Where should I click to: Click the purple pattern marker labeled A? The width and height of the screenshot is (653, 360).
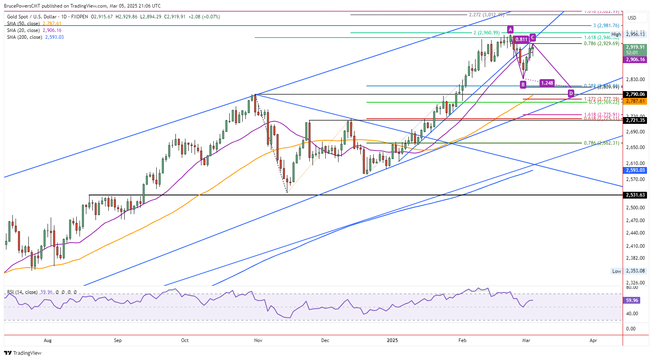point(510,29)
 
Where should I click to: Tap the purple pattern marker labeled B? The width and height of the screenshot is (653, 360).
point(523,84)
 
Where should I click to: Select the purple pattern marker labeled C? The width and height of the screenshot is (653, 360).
point(533,37)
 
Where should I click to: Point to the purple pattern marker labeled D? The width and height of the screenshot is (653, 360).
point(571,93)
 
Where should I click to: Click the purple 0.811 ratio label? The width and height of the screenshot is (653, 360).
point(522,40)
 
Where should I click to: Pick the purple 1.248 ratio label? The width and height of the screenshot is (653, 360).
point(547,83)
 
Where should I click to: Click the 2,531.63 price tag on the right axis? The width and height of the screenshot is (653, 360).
point(635,195)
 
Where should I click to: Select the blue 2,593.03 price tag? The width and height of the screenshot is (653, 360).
point(635,170)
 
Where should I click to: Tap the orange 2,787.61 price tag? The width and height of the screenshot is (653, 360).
point(635,101)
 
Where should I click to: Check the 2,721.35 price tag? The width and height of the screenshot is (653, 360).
point(635,120)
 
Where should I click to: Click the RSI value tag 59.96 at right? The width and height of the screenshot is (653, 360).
point(632,300)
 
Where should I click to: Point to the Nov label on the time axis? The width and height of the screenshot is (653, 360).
point(258,340)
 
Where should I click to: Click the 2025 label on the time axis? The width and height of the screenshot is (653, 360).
point(392,340)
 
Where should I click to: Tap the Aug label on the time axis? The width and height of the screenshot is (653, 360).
point(48,340)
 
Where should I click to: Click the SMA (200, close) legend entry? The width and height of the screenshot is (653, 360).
point(35,37)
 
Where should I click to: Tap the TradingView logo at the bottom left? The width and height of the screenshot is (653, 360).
point(23,353)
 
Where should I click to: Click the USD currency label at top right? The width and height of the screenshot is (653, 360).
point(632,18)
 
